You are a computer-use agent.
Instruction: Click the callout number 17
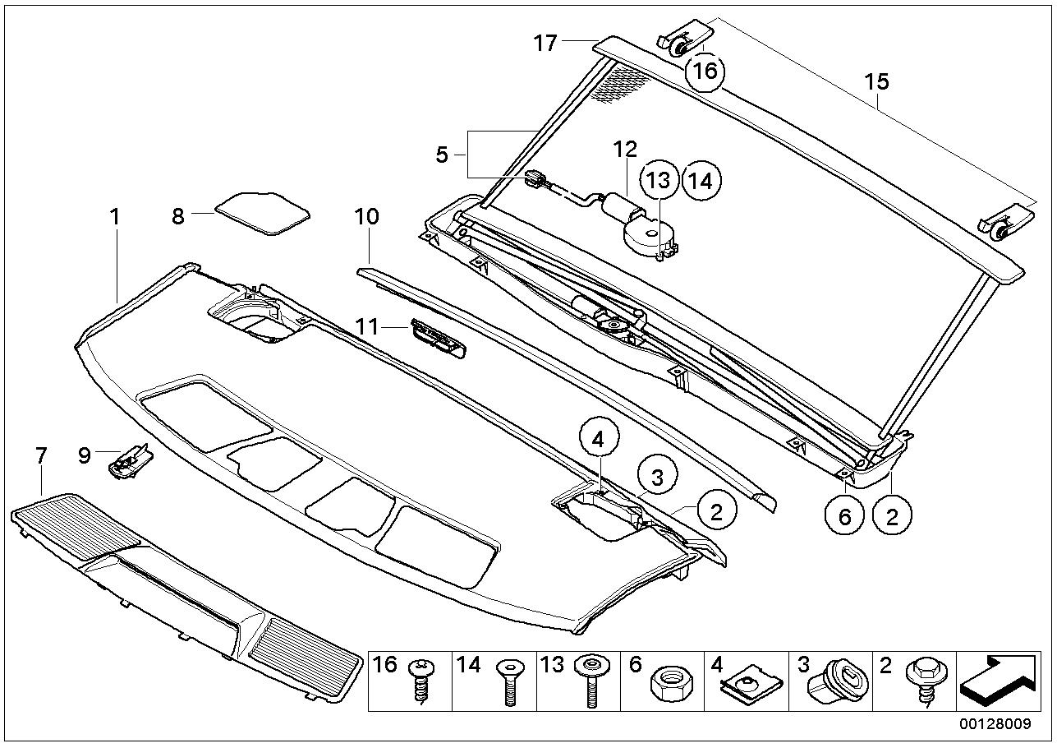coord(545,44)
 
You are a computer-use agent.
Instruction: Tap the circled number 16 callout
coord(705,72)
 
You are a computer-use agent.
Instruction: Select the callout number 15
coord(876,81)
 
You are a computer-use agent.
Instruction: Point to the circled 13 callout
coord(659,180)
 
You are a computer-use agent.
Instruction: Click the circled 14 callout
coord(701,181)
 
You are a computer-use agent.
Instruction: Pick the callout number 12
coord(625,150)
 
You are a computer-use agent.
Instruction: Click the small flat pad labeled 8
coord(262,214)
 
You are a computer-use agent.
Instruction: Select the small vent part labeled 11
coord(439,338)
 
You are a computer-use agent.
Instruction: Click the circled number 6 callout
coord(844,516)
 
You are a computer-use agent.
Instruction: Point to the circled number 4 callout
coord(598,440)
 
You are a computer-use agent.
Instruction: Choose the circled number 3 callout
coord(657,478)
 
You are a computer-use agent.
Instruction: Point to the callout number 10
coord(366,217)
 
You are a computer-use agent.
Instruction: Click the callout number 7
coord(42,455)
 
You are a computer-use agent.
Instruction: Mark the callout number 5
coord(442,155)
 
